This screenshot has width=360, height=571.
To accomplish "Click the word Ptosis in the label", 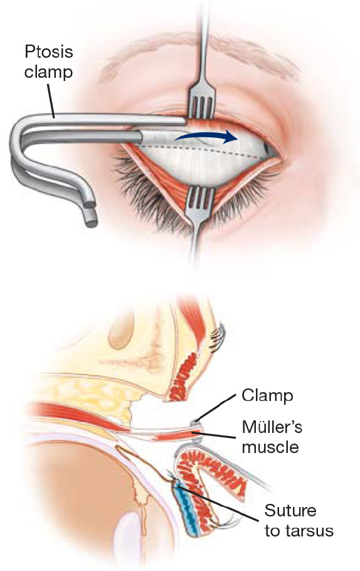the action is (x=49, y=51).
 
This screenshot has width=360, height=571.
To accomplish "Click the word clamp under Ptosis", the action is (x=48, y=72).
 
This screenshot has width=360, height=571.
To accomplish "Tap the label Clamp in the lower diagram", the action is (x=268, y=396).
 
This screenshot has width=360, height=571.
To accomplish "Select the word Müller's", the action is (x=272, y=427).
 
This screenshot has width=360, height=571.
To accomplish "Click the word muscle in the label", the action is (x=270, y=447).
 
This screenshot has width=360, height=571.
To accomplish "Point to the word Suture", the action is (x=290, y=511).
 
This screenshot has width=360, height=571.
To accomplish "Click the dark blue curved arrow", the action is (x=206, y=136).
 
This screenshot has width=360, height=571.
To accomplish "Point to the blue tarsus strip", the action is (x=188, y=509).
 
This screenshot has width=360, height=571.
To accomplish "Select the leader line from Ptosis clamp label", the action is (x=51, y=99).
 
